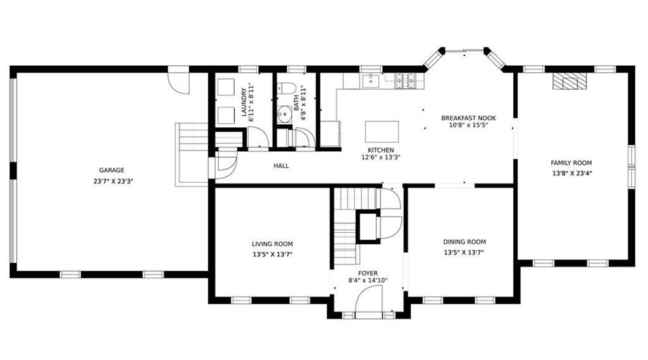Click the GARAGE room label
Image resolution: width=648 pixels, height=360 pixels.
point(111,170)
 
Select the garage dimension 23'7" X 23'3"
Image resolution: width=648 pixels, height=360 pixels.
point(113,181)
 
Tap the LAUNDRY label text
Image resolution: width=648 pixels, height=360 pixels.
point(244,102)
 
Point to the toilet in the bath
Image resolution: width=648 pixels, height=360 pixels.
point(286,88)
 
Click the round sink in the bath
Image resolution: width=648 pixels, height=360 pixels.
point(285,114)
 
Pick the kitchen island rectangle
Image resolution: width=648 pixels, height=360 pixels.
point(382,132)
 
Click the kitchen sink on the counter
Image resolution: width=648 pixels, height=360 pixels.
point(371,80)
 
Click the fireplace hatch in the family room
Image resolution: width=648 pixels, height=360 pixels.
point(570,81)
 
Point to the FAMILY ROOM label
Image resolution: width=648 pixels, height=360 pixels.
point(571,163)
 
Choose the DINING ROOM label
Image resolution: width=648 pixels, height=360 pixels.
point(464,242)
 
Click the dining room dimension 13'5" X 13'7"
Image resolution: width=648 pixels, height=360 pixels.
point(464,252)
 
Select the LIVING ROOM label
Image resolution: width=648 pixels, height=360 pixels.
point(272,244)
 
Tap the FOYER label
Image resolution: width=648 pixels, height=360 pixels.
point(368,273)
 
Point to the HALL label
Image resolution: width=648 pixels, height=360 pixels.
point(281,166)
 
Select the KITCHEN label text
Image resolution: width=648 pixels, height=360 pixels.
point(380,150)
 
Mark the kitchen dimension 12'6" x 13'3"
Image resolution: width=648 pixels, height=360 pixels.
point(380,157)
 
